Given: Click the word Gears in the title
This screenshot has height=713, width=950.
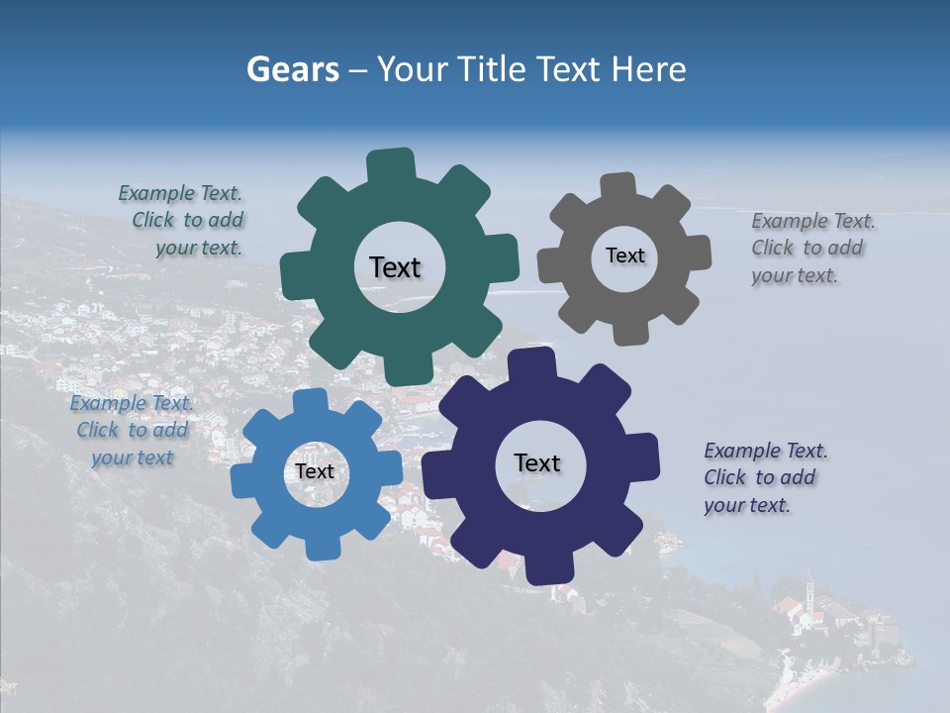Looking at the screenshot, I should pyautogui.click(x=292, y=70).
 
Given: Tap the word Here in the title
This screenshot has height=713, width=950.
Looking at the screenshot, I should pyautogui.click(x=648, y=70).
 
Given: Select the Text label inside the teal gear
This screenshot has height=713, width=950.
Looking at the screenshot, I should pyautogui.click(x=395, y=267).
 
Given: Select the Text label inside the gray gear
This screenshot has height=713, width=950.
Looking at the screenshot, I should pyautogui.click(x=624, y=255).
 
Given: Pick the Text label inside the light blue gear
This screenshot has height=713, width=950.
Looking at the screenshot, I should pyautogui.click(x=315, y=471).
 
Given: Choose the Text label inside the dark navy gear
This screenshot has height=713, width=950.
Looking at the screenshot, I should pyautogui.click(x=537, y=462).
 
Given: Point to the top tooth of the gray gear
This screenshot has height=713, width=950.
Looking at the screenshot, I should pyautogui.click(x=617, y=187).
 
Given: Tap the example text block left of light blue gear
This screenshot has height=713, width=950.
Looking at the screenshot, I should pyautogui.click(x=132, y=431).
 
